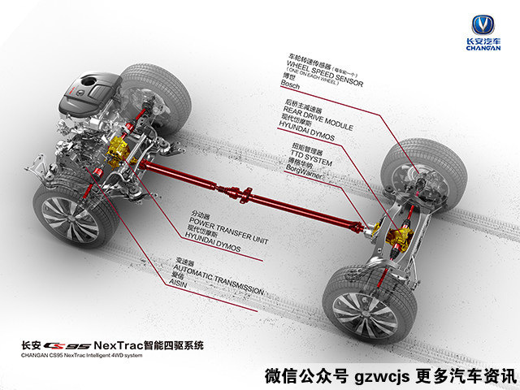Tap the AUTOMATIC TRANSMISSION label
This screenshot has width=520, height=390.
[x=220, y=289]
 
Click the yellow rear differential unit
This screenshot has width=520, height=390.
[x=401, y=236]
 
